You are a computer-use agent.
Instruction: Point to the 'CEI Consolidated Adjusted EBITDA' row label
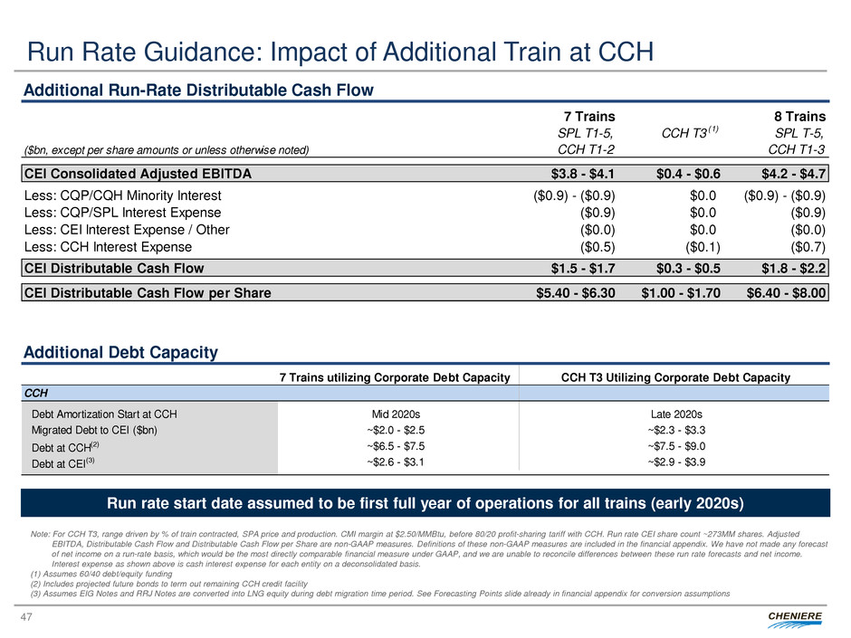click(x=138, y=172)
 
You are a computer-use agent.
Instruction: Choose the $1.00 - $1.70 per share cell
click(x=679, y=292)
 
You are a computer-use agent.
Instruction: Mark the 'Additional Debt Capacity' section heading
click(x=120, y=353)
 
